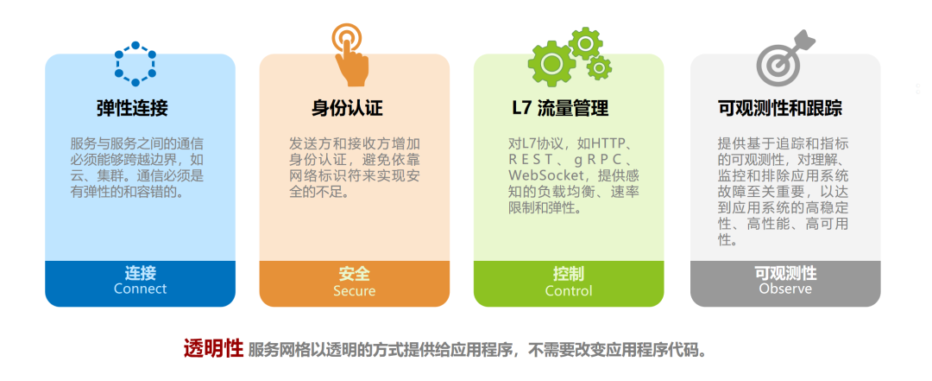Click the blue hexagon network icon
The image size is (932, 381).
click(x=135, y=63)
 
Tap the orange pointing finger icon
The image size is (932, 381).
click(x=350, y=54)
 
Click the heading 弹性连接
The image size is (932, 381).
click(x=132, y=108)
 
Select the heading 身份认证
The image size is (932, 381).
click(x=347, y=108)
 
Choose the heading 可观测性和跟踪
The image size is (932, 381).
click(x=780, y=108)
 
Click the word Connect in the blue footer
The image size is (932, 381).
click(x=140, y=289)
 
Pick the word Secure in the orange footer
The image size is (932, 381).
click(x=354, y=291)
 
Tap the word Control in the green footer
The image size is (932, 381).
click(x=569, y=291)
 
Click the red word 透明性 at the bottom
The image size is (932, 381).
click(x=212, y=349)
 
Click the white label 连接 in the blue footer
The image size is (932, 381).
click(x=140, y=273)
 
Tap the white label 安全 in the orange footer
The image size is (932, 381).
click(x=354, y=274)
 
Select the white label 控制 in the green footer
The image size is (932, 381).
click(x=569, y=274)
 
